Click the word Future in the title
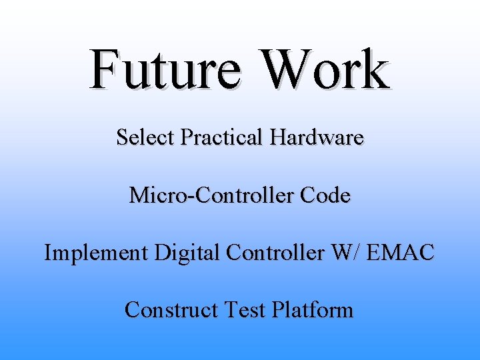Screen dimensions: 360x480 click(165, 69)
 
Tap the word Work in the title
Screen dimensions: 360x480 click(325, 69)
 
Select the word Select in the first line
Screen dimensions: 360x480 click(145, 137)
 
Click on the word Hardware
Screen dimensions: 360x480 click(317, 137)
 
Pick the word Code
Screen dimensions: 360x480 click(325, 195)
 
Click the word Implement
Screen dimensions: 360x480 click(95, 253)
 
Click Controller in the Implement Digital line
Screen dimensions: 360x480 click(276, 253)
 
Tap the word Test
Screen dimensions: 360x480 click(244, 310)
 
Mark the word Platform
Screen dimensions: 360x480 click(311, 310)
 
